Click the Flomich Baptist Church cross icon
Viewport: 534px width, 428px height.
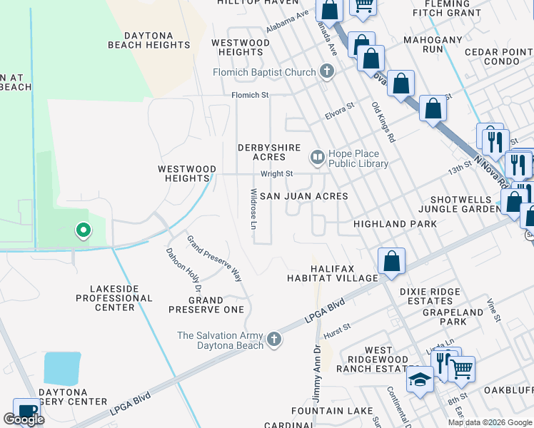coord(327,71)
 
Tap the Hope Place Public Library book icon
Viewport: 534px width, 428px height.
coord(316,156)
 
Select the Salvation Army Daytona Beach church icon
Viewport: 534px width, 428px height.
coord(273,340)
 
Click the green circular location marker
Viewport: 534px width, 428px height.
coord(83,230)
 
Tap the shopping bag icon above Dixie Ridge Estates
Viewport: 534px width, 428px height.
coord(391,261)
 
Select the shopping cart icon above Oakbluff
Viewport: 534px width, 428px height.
coord(461,369)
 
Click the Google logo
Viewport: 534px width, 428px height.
coord(24,419)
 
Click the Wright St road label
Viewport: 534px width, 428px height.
coord(276,173)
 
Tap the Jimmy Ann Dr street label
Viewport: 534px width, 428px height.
coord(317,373)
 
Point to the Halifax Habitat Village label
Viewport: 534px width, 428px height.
coord(332,272)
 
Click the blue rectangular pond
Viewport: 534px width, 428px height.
coord(62,369)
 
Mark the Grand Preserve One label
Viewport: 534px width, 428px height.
coord(206,305)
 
